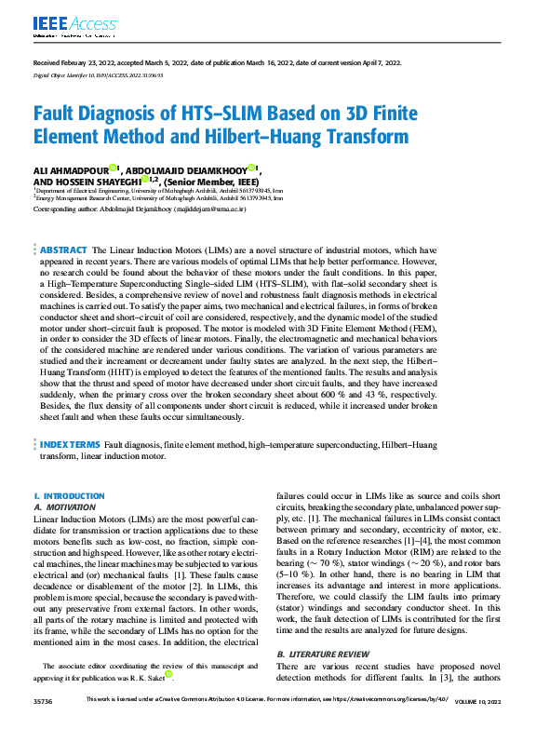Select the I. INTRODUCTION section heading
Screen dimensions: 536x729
[69, 496]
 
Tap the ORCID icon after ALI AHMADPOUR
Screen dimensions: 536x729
[113, 168]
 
